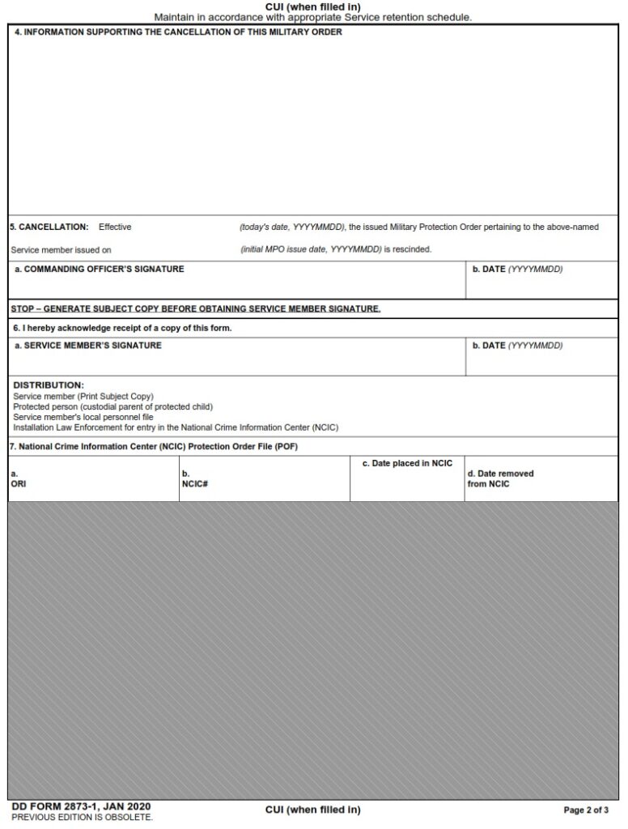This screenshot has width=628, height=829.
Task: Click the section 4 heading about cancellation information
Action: tap(178, 32)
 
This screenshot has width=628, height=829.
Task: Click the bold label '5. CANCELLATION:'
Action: tap(49, 227)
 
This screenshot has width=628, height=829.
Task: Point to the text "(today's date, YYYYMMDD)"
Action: tap(292, 227)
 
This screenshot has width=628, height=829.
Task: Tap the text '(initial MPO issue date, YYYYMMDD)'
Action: tap(310, 249)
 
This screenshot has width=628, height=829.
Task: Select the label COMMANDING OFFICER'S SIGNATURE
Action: tap(100, 270)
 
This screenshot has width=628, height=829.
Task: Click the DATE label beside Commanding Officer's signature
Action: tap(517, 270)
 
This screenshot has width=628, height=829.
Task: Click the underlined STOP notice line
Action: tap(195, 308)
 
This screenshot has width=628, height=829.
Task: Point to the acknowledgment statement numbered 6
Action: tap(121, 328)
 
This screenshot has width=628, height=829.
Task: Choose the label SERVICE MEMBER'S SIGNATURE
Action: tap(88, 346)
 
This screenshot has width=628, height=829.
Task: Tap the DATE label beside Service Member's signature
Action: tap(517, 346)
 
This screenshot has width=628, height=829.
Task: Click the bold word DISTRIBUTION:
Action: tap(49, 385)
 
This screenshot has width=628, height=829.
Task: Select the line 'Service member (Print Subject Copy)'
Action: tap(83, 396)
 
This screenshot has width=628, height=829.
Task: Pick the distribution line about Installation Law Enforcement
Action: tap(176, 427)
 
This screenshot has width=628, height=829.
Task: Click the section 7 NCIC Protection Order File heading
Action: tap(158, 446)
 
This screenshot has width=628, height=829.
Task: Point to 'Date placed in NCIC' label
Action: tap(407, 463)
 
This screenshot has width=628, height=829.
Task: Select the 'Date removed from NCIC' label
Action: tap(500, 478)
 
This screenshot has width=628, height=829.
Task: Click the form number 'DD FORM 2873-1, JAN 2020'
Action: tap(81, 806)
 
